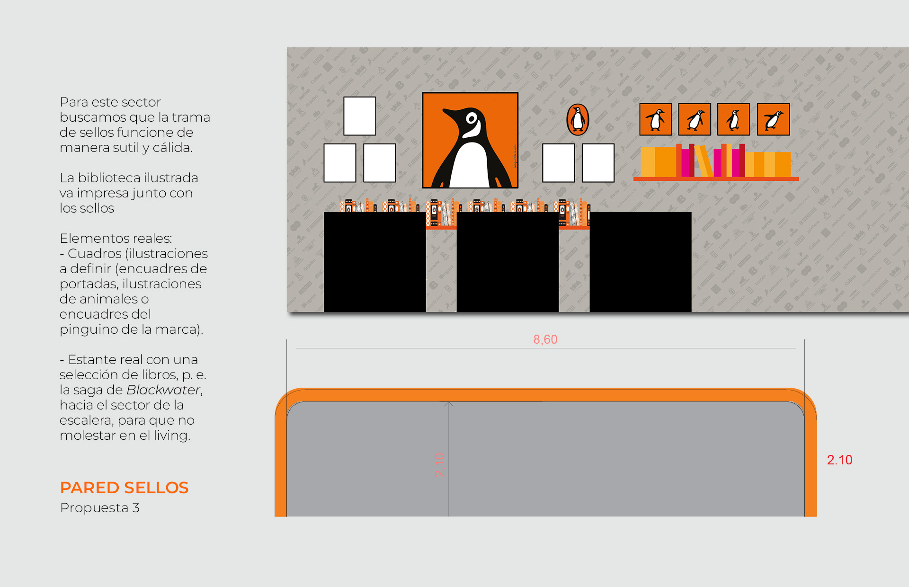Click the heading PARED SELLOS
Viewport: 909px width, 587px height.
(x=124, y=488)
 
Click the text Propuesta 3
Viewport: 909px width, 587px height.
(x=99, y=507)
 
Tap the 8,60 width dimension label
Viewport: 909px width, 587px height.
(x=545, y=339)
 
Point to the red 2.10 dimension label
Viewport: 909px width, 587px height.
(x=839, y=460)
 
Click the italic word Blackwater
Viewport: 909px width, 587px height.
(x=163, y=390)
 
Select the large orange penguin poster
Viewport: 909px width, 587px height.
(x=470, y=140)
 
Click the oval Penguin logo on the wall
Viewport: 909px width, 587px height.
(x=578, y=119)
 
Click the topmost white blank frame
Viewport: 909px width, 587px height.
(x=359, y=116)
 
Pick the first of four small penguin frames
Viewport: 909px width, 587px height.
(x=655, y=119)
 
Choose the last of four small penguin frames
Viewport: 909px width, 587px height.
(x=773, y=119)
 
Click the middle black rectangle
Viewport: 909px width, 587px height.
(x=507, y=262)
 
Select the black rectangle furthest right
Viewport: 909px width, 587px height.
(x=640, y=262)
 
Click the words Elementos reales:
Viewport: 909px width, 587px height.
(x=116, y=238)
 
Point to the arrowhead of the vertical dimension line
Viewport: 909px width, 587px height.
(x=449, y=404)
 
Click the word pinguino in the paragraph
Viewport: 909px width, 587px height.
(x=86, y=329)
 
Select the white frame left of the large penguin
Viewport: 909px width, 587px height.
(x=379, y=163)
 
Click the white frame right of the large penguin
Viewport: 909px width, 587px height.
(x=558, y=163)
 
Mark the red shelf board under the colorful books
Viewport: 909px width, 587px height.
(x=716, y=179)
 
